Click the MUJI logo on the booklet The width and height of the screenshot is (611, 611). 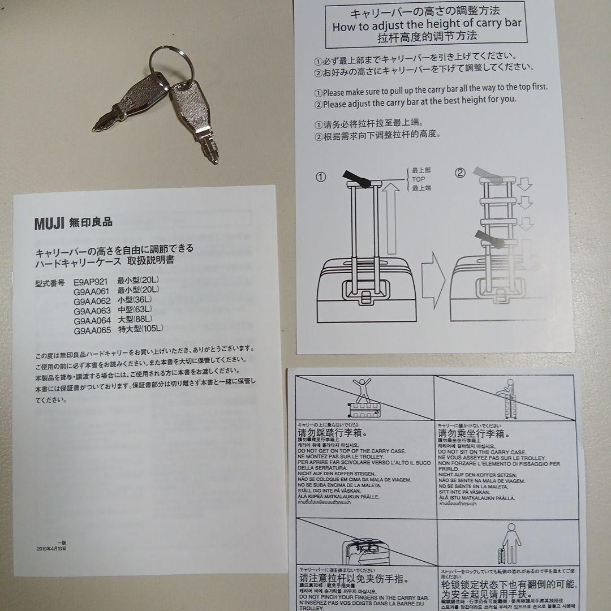click(50, 222)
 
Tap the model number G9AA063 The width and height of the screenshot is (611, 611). click(92, 311)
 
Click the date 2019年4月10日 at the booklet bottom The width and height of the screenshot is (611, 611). click(51, 549)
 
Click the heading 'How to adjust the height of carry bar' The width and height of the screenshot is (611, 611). click(427, 25)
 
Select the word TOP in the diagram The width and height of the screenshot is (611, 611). click(419, 179)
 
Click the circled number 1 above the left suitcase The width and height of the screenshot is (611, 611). click(321, 177)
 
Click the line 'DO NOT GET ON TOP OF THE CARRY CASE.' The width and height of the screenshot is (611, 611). click(351, 451)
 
